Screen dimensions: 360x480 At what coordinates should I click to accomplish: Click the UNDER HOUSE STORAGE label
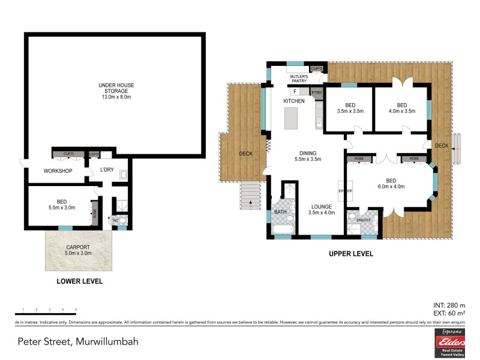tap(114, 89)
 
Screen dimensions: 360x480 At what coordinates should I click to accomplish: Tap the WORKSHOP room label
tap(58, 171)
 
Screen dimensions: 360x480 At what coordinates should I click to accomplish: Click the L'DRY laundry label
tap(107, 170)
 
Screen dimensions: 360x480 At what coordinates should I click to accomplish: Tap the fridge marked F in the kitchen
tap(296, 92)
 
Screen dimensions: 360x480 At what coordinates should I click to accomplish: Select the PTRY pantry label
tap(317, 92)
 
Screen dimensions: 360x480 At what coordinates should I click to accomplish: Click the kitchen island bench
tap(291, 121)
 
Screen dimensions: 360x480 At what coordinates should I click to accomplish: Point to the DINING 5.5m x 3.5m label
tap(308, 156)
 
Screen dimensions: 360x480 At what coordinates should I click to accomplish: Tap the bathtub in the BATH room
tap(281, 229)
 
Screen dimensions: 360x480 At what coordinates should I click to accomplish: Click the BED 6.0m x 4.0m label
tap(391, 183)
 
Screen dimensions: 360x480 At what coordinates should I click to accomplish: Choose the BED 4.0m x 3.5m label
tap(401, 108)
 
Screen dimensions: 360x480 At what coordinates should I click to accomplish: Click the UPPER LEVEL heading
tap(350, 254)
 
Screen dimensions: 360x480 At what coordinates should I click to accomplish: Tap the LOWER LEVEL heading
tap(79, 281)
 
